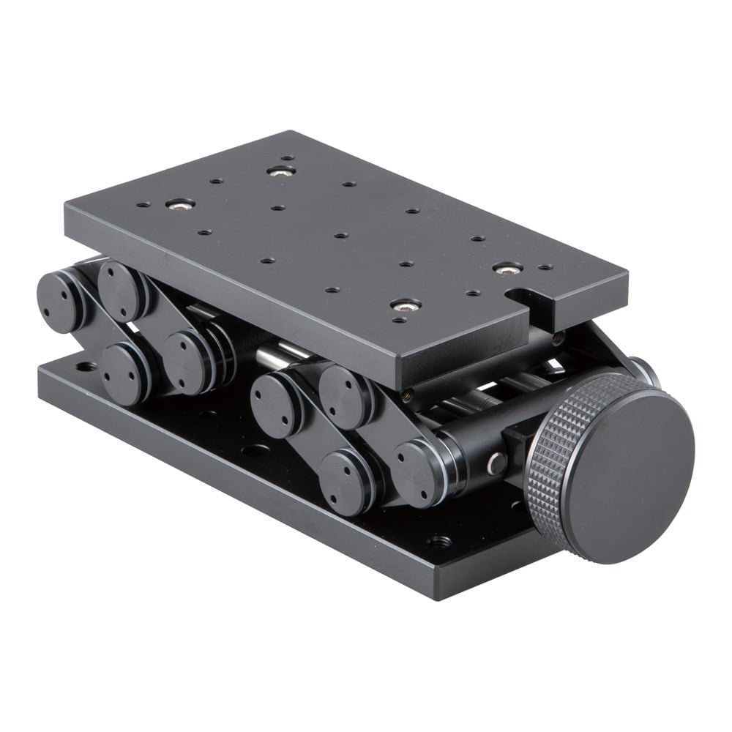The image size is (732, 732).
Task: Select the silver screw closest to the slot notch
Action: [507, 269]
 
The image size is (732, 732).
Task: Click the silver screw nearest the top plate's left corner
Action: [180, 204]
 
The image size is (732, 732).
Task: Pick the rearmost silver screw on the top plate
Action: [280, 171]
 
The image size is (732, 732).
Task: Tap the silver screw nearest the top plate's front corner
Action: [405, 305]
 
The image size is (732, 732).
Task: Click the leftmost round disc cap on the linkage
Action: [59, 301]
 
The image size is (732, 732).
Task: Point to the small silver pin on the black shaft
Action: [496, 463]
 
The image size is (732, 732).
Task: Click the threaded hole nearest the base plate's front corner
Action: [438, 542]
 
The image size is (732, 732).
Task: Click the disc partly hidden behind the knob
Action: [642, 370]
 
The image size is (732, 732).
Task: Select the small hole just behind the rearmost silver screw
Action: [288, 157]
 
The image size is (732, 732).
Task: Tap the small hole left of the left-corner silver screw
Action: [143, 205]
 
